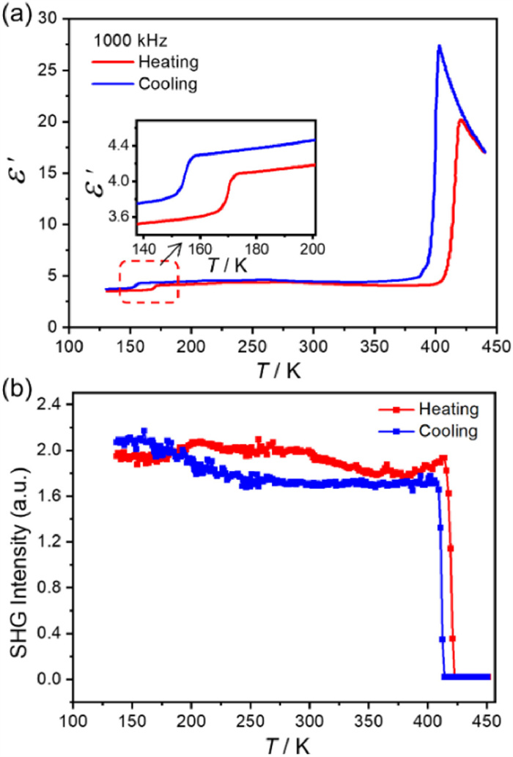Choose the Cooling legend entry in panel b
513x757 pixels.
tap(442, 431)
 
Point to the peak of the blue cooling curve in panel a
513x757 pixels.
tap(439, 46)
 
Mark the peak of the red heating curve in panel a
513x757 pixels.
tap(460, 119)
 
